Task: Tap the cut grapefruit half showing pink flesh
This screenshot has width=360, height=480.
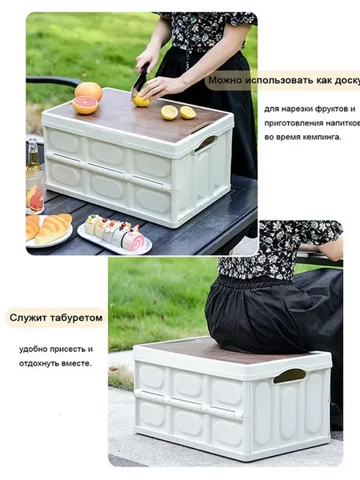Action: point(85,105)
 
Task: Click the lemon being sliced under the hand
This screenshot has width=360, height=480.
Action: point(141,101)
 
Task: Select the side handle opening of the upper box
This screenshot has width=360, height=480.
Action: point(206,143)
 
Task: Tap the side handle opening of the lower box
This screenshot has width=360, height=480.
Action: point(290,376)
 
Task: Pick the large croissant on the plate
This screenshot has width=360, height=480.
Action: point(54,228)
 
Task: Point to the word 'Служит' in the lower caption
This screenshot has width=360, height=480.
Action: point(27,318)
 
